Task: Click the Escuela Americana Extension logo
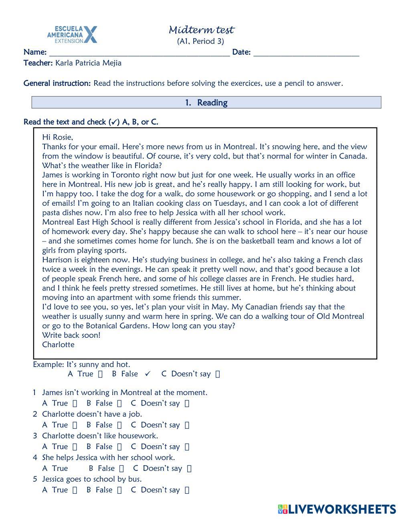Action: [x=72, y=34]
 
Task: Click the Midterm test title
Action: [x=201, y=30]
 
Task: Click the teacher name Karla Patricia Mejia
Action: [x=88, y=63]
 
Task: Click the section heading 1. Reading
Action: [x=206, y=103]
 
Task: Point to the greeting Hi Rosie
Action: [x=57, y=137]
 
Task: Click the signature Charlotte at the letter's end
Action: [x=58, y=345]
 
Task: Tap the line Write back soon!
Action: [x=71, y=335]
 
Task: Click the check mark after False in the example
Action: [x=148, y=374]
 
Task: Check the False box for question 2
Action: [x=119, y=425]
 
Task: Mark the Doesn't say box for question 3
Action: [x=187, y=447]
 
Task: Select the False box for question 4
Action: [x=122, y=468]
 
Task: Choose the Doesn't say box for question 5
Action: [x=187, y=490]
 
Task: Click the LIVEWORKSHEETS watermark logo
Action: [x=337, y=509]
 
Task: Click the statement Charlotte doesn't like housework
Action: [x=100, y=436]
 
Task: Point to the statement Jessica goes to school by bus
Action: [x=92, y=479]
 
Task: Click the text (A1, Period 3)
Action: [x=200, y=41]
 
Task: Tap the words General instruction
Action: [x=57, y=83]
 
